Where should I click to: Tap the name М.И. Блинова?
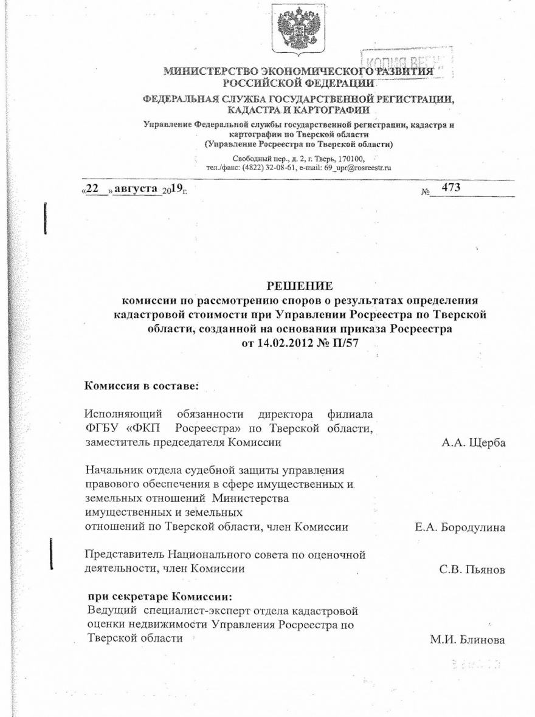coord(468,640)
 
